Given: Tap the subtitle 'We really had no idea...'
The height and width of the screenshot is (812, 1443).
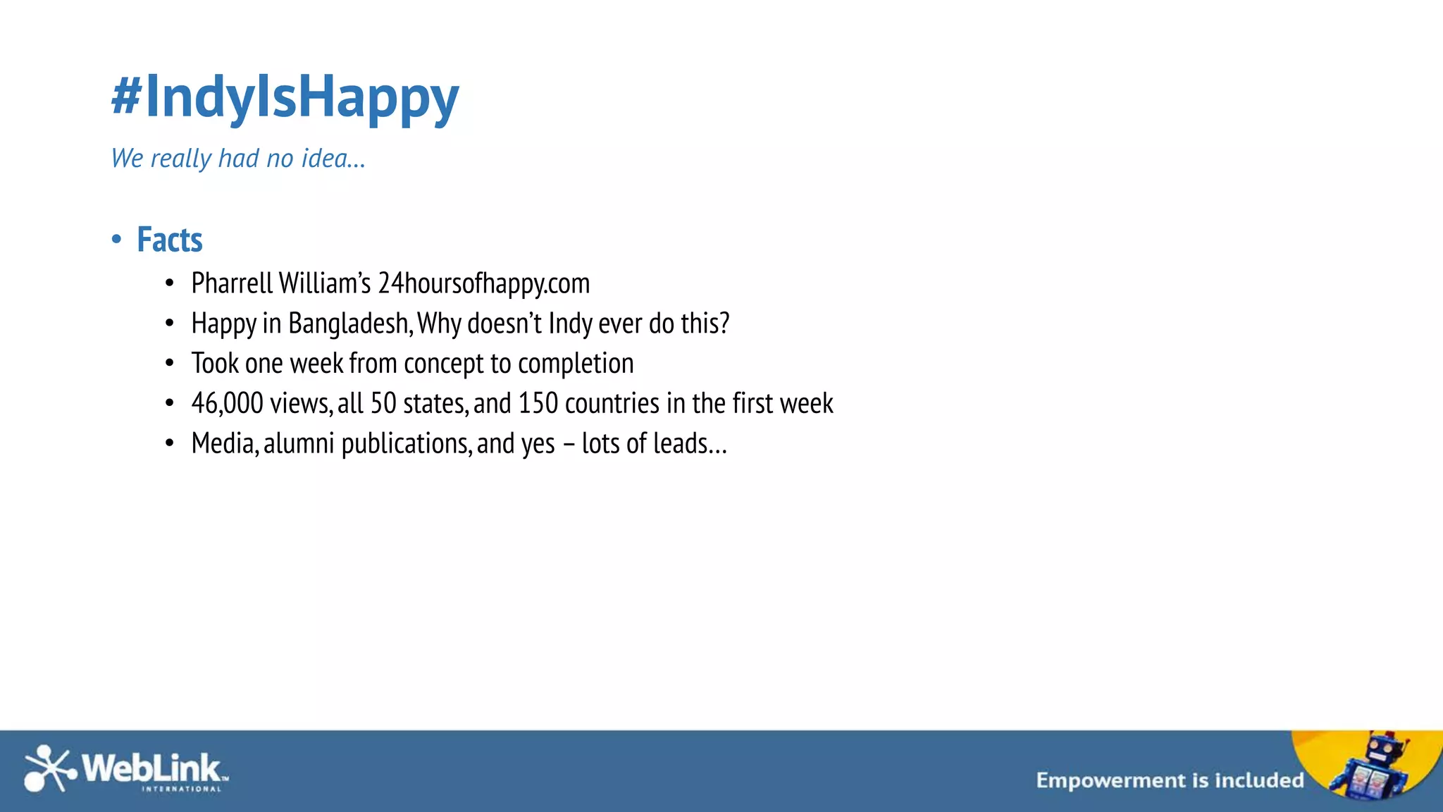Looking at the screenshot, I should (238, 159).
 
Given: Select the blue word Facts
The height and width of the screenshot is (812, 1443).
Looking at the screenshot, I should (170, 240).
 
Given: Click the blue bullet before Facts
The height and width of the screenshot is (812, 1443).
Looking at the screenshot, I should (116, 240).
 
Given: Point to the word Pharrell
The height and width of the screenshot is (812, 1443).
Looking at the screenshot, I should (232, 283).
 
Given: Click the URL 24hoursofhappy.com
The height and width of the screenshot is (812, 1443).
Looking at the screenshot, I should (483, 283).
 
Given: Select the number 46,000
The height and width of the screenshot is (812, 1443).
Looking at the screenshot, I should (227, 404).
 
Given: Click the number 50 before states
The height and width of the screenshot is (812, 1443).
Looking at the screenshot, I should (383, 404).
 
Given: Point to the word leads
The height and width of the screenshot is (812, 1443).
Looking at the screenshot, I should (680, 444).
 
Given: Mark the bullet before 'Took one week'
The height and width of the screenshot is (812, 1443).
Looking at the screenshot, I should (169, 364).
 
